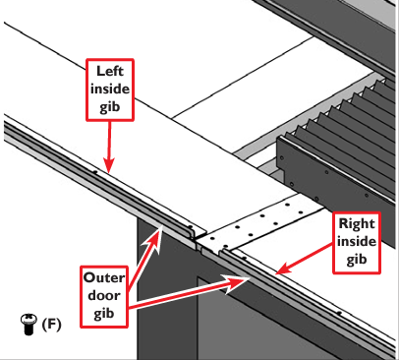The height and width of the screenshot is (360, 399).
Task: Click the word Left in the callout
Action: pyautogui.click(x=110, y=71)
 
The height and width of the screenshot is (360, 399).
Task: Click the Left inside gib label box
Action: pyautogui.click(x=110, y=90)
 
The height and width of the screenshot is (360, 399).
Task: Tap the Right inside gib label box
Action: pyautogui.click(x=357, y=243)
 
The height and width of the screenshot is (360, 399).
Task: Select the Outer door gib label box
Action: pyautogui.click(x=104, y=297)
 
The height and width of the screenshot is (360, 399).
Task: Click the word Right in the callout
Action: pyautogui.click(x=357, y=224)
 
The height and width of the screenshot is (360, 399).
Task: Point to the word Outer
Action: pyautogui.click(x=104, y=277)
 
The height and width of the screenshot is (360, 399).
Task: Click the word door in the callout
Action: pyautogui.click(x=104, y=296)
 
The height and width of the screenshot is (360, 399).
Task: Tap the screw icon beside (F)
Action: pyautogui.click(x=28, y=324)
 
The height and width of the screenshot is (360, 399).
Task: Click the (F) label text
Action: pyautogui.click(x=51, y=325)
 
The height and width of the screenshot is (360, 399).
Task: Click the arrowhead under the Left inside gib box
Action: pyautogui.click(x=109, y=164)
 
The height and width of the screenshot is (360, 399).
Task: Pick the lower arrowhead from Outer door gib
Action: pyautogui.click(x=238, y=281)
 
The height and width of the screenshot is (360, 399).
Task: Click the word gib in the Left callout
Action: pyautogui.click(x=110, y=107)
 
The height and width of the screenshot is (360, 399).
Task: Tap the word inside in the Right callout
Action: pyautogui.click(x=357, y=242)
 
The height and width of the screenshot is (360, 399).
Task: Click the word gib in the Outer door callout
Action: pyautogui.click(x=104, y=314)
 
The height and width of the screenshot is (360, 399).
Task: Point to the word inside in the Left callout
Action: pyautogui.click(x=110, y=90)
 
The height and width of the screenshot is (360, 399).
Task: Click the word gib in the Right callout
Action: pyautogui.click(x=357, y=260)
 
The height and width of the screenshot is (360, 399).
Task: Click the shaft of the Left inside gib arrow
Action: pyautogui.click(x=109, y=140)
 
